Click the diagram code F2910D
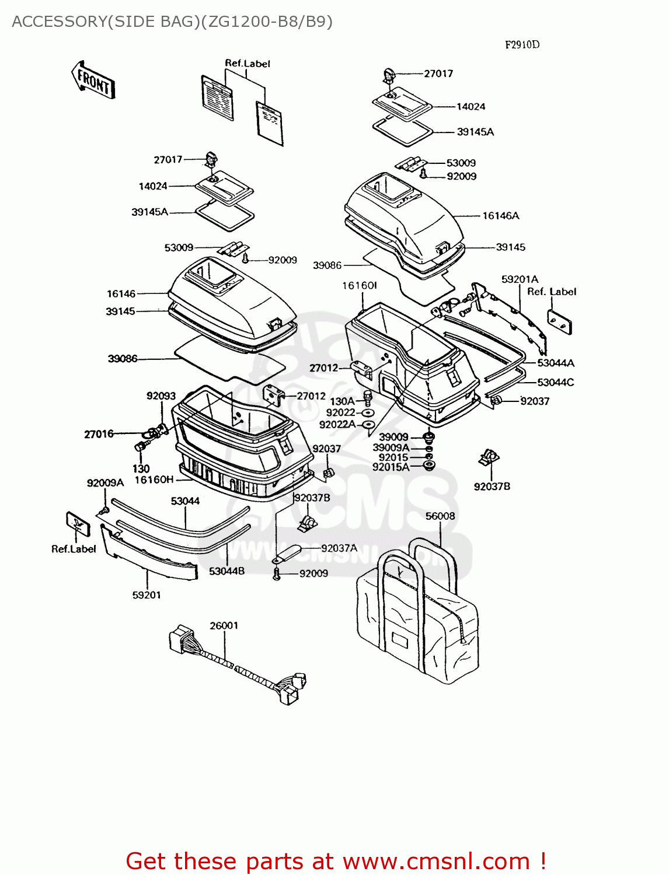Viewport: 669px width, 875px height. [522, 45]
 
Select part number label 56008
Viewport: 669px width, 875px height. [440, 516]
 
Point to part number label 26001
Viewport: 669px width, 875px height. [224, 626]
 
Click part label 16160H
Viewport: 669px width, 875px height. [154, 480]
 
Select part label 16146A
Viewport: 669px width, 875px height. [500, 216]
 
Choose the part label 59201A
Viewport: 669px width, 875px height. [520, 279]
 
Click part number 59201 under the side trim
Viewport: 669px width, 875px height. [146, 595]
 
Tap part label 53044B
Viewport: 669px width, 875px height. [227, 571]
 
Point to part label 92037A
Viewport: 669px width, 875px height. [339, 548]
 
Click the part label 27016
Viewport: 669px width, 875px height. [99, 434]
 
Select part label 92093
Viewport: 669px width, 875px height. [161, 396]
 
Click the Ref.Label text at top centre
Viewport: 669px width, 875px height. [248, 64]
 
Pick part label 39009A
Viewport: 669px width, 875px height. [391, 448]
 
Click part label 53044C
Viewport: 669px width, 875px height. [555, 383]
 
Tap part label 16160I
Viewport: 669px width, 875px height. [360, 286]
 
